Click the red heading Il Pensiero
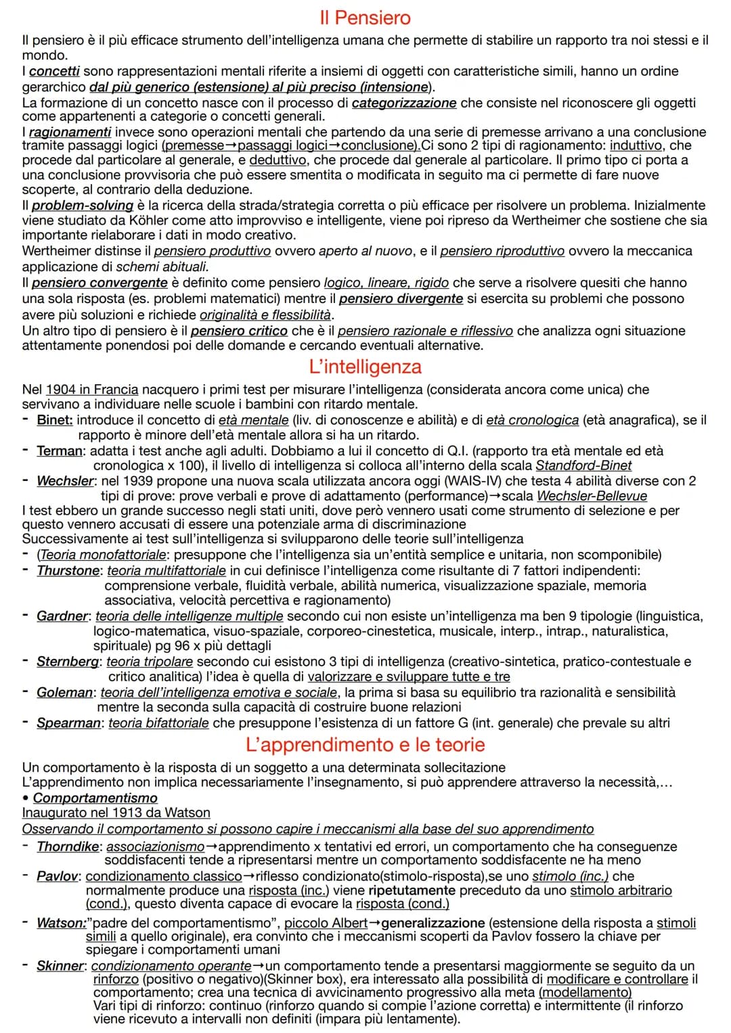coord(365,18)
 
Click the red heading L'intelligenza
coord(365,367)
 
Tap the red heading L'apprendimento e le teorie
coord(365,744)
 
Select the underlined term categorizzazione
coord(404,103)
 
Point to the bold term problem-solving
coord(83,205)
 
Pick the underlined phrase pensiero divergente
coord(401,298)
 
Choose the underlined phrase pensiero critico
coord(239,331)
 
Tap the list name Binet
coord(54,420)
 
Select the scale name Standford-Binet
coord(583,465)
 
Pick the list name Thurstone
coord(68,570)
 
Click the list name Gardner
coord(62,616)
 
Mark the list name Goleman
coord(64,692)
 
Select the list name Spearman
coord(68,722)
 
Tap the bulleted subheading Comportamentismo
coord(95,798)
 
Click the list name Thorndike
coord(68,846)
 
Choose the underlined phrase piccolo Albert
coord(326,923)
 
